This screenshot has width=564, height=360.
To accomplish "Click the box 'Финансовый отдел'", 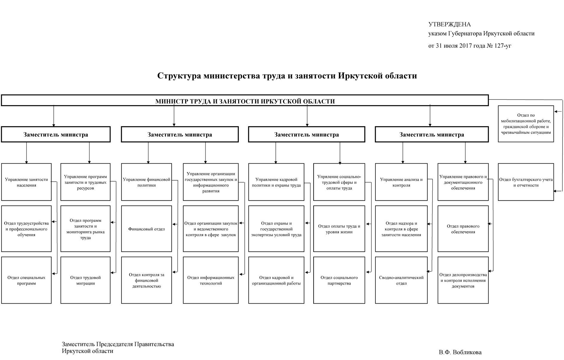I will pyautogui.click(x=147, y=229).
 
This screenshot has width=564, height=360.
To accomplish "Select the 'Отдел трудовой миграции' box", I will pyautogui.click(x=85, y=280).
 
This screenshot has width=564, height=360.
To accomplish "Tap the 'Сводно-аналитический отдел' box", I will pyautogui.click(x=401, y=280).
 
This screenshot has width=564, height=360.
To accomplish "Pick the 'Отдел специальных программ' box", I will pyautogui.click(x=26, y=280).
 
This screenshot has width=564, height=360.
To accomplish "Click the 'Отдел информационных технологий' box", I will pyautogui.click(x=211, y=280).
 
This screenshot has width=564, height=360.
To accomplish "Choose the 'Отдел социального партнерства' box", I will pyautogui.click(x=339, y=280).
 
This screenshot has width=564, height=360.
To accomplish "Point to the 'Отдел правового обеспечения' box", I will pyautogui.click(x=463, y=229).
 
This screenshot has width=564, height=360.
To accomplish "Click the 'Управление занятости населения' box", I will pyautogui.click(x=26, y=182).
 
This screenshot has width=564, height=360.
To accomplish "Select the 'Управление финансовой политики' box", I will pyautogui.click(x=147, y=182).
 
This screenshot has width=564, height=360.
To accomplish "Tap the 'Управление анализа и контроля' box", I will pyautogui.click(x=401, y=182).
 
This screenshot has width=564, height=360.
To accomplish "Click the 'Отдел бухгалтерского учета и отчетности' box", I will pyautogui.click(x=526, y=182).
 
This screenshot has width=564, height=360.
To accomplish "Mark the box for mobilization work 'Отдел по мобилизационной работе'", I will pyautogui.click(x=526, y=124).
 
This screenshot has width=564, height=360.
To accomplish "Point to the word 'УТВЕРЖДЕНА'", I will pyautogui.click(x=449, y=24).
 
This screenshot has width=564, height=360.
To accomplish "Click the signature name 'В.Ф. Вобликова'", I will pyautogui.click(x=460, y=352).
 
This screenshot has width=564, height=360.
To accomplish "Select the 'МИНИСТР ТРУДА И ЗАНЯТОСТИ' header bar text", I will pyautogui.click(x=245, y=101).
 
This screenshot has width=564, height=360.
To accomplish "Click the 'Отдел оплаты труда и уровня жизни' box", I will pyautogui.click(x=339, y=229).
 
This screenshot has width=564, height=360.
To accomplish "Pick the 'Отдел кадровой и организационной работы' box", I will pyautogui.click(x=276, y=280).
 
